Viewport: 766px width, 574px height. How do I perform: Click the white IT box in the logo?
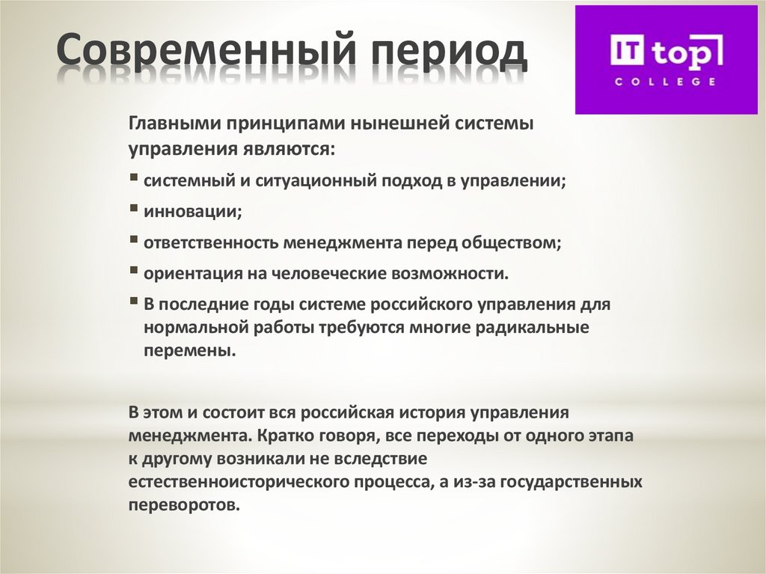coord(627,52)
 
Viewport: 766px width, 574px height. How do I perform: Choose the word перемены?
coord(189,351)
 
